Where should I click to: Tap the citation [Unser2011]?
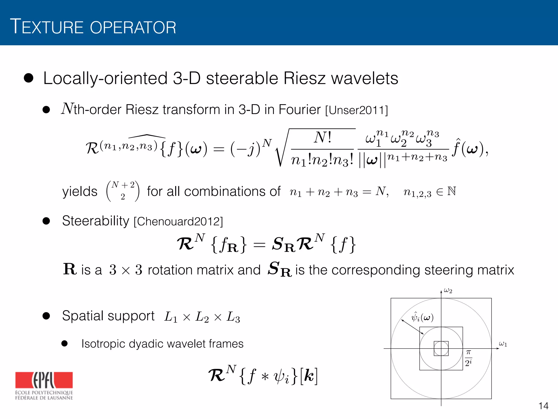click(x=356, y=110)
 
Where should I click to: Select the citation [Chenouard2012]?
click(x=178, y=222)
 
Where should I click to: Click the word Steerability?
click(x=95, y=221)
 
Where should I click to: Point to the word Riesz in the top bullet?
click(x=304, y=79)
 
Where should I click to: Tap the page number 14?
click(x=543, y=406)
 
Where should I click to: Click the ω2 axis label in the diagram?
click(x=448, y=291)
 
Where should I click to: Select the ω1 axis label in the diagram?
click(x=503, y=344)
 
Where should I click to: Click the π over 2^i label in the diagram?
click(x=468, y=358)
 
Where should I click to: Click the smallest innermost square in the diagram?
click(x=441, y=348)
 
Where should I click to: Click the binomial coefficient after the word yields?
click(x=123, y=191)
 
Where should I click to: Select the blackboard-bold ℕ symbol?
click(x=451, y=191)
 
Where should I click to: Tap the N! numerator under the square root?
click(x=323, y=138)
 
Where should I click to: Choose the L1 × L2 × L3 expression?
click(x=202, y=317)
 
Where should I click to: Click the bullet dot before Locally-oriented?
click(x=29, y=78)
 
